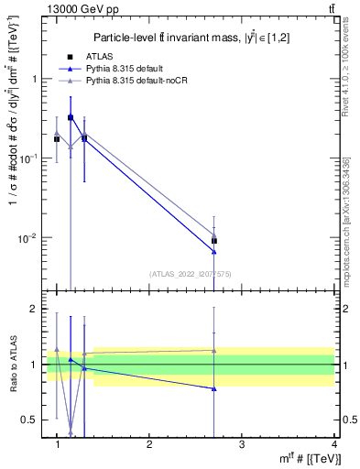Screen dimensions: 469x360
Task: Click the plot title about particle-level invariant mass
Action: click(199, 38)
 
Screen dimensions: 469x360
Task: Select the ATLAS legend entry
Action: click(99, 56)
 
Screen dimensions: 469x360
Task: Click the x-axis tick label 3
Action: click(241, 444)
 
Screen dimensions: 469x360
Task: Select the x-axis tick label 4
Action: click(333, 444)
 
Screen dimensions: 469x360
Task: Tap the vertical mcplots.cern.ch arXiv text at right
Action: click(352, 211)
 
